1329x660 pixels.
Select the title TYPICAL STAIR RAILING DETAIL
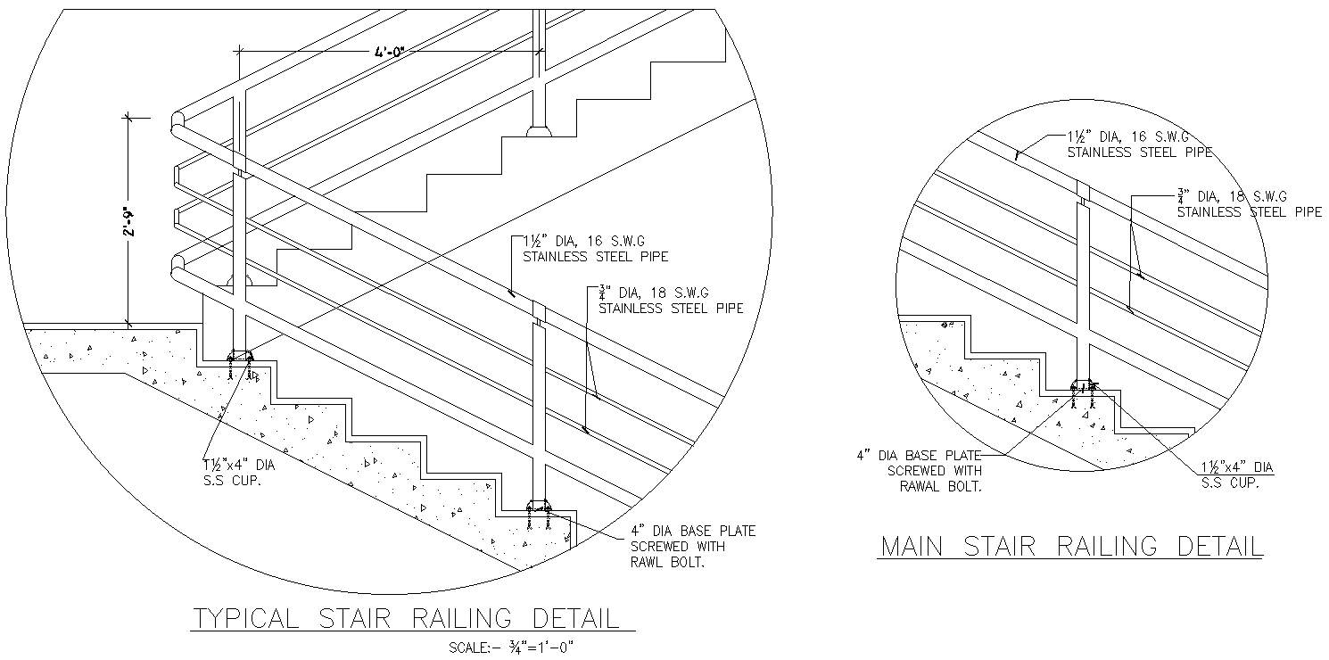tap(407, 618)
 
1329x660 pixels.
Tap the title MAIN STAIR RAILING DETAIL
tap(1070, 546)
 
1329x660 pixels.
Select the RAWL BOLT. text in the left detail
tap(667, 563)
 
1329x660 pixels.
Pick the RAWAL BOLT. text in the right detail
tap(942, 486)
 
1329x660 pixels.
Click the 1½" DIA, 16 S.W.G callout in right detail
tap(1129, 137)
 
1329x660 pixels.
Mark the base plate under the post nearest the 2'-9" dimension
tap(240, 358)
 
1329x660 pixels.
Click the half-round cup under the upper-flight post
tap(539, 132)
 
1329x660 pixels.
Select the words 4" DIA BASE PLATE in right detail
tap(919, 455)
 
